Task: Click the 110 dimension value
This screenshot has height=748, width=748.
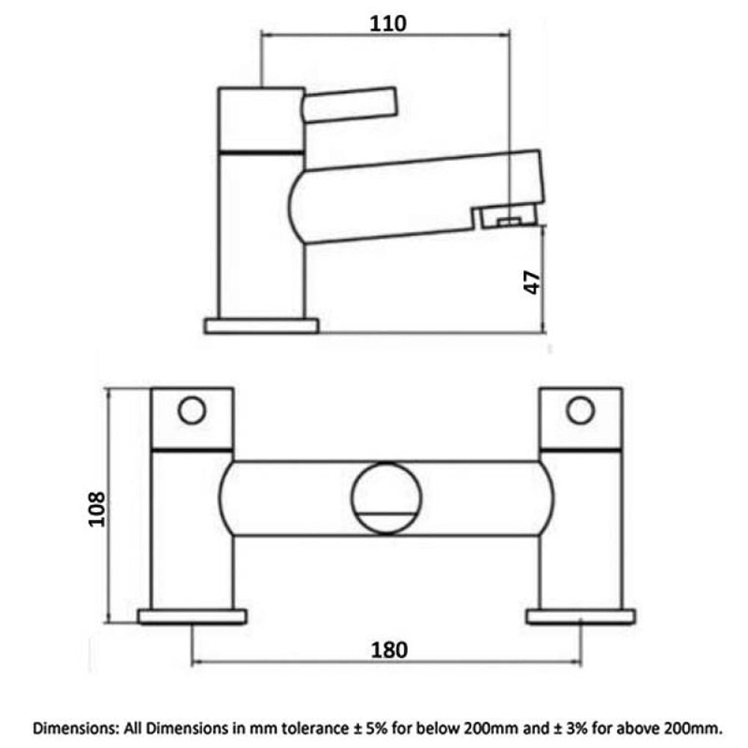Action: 387,23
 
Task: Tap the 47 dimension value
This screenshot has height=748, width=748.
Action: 533,283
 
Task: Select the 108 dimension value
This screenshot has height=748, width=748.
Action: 96,509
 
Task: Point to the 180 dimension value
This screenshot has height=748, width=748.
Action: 389,650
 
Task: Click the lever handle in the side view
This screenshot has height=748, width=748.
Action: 349,105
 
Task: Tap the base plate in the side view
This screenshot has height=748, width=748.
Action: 261,326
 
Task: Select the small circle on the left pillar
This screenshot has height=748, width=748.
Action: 191,410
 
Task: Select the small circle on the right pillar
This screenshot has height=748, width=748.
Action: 580,410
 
